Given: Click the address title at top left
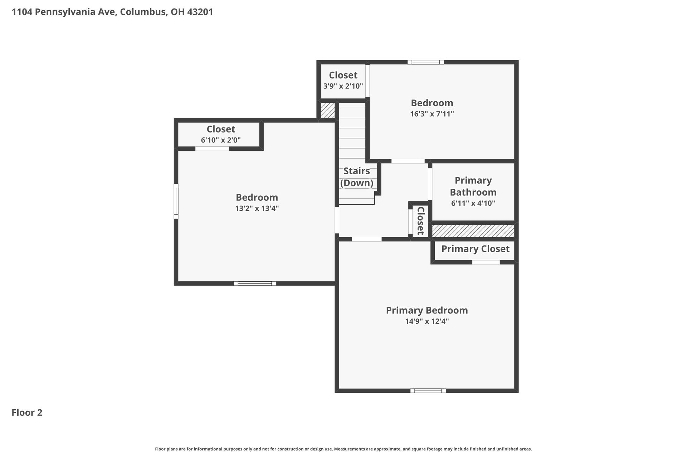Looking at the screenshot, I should [112, 12].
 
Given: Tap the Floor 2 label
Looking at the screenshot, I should [27, 413].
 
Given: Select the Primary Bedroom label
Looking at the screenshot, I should [427, 310].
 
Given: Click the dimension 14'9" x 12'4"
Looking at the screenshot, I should [427, 321].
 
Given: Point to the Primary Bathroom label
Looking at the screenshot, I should [473, 186].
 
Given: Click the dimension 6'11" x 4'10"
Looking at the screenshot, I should [473, 203].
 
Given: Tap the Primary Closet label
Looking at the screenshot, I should [475, 249].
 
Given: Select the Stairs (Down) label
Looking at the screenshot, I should [356, 177].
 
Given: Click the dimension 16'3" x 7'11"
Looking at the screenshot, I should [432, 114].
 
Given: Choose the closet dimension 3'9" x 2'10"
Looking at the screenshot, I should [343, 86].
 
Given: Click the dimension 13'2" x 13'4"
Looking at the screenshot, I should [257, 208].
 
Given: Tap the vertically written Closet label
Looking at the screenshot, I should [420, 220].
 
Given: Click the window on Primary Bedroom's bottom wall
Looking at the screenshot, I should [428, 391].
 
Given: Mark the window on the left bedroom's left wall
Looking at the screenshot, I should [176, 201].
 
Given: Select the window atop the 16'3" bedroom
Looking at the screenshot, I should [425, 62].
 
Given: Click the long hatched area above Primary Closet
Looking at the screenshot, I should [473, 231].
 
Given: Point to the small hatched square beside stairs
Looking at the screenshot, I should [327, 111].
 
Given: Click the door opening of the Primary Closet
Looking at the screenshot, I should [486, 262].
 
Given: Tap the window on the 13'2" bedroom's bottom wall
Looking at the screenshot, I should [254, 283].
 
